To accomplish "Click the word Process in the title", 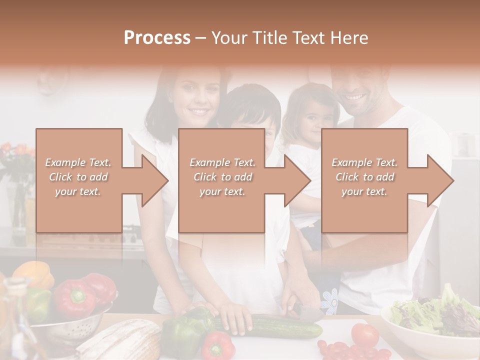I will click(x=157, y=38).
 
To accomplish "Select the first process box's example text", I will click(x=78, y=177).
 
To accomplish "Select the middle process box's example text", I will click(x=222, y=177).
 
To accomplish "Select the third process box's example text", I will click(x=364, y=177).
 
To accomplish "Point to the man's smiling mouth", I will click(x=355, y=96).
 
